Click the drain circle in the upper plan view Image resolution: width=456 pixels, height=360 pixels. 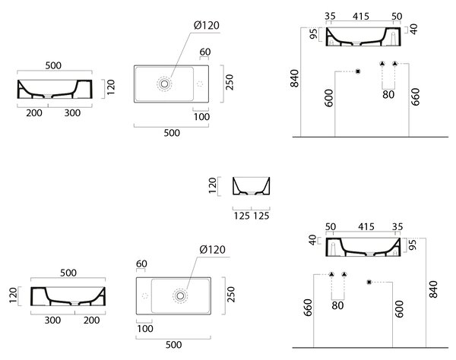(164, 84)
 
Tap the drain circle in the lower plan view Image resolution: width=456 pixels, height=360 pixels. (180, 295)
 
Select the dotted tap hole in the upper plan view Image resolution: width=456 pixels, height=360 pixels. (200, 84)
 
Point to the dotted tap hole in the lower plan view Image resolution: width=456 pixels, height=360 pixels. (145, 295)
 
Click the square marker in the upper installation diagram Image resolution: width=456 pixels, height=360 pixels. (358, 71)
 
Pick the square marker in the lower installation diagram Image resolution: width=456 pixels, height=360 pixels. (369, 282)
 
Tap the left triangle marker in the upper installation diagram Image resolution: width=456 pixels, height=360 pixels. (382, 64)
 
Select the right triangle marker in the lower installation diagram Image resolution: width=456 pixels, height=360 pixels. (344, 274)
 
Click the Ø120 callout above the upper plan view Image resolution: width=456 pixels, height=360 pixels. (207, 26)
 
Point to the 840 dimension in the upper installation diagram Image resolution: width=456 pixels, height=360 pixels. (294, 78)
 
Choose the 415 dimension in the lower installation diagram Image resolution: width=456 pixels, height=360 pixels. (366, 226)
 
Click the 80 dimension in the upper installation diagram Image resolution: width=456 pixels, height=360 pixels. (388, 94)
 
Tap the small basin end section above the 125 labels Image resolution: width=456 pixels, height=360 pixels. (252, 186)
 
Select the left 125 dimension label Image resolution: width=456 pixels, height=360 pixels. (242, 216)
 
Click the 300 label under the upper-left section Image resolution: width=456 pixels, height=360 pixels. (72, 112)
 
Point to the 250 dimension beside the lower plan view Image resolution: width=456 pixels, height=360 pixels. (230, 294)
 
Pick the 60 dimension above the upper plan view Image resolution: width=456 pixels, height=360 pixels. (205, 52)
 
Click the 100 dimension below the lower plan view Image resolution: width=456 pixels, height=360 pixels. (145, 329)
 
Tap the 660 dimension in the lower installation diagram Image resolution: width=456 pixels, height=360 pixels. (307, 308)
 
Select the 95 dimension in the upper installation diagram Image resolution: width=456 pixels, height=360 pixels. (313, 33)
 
